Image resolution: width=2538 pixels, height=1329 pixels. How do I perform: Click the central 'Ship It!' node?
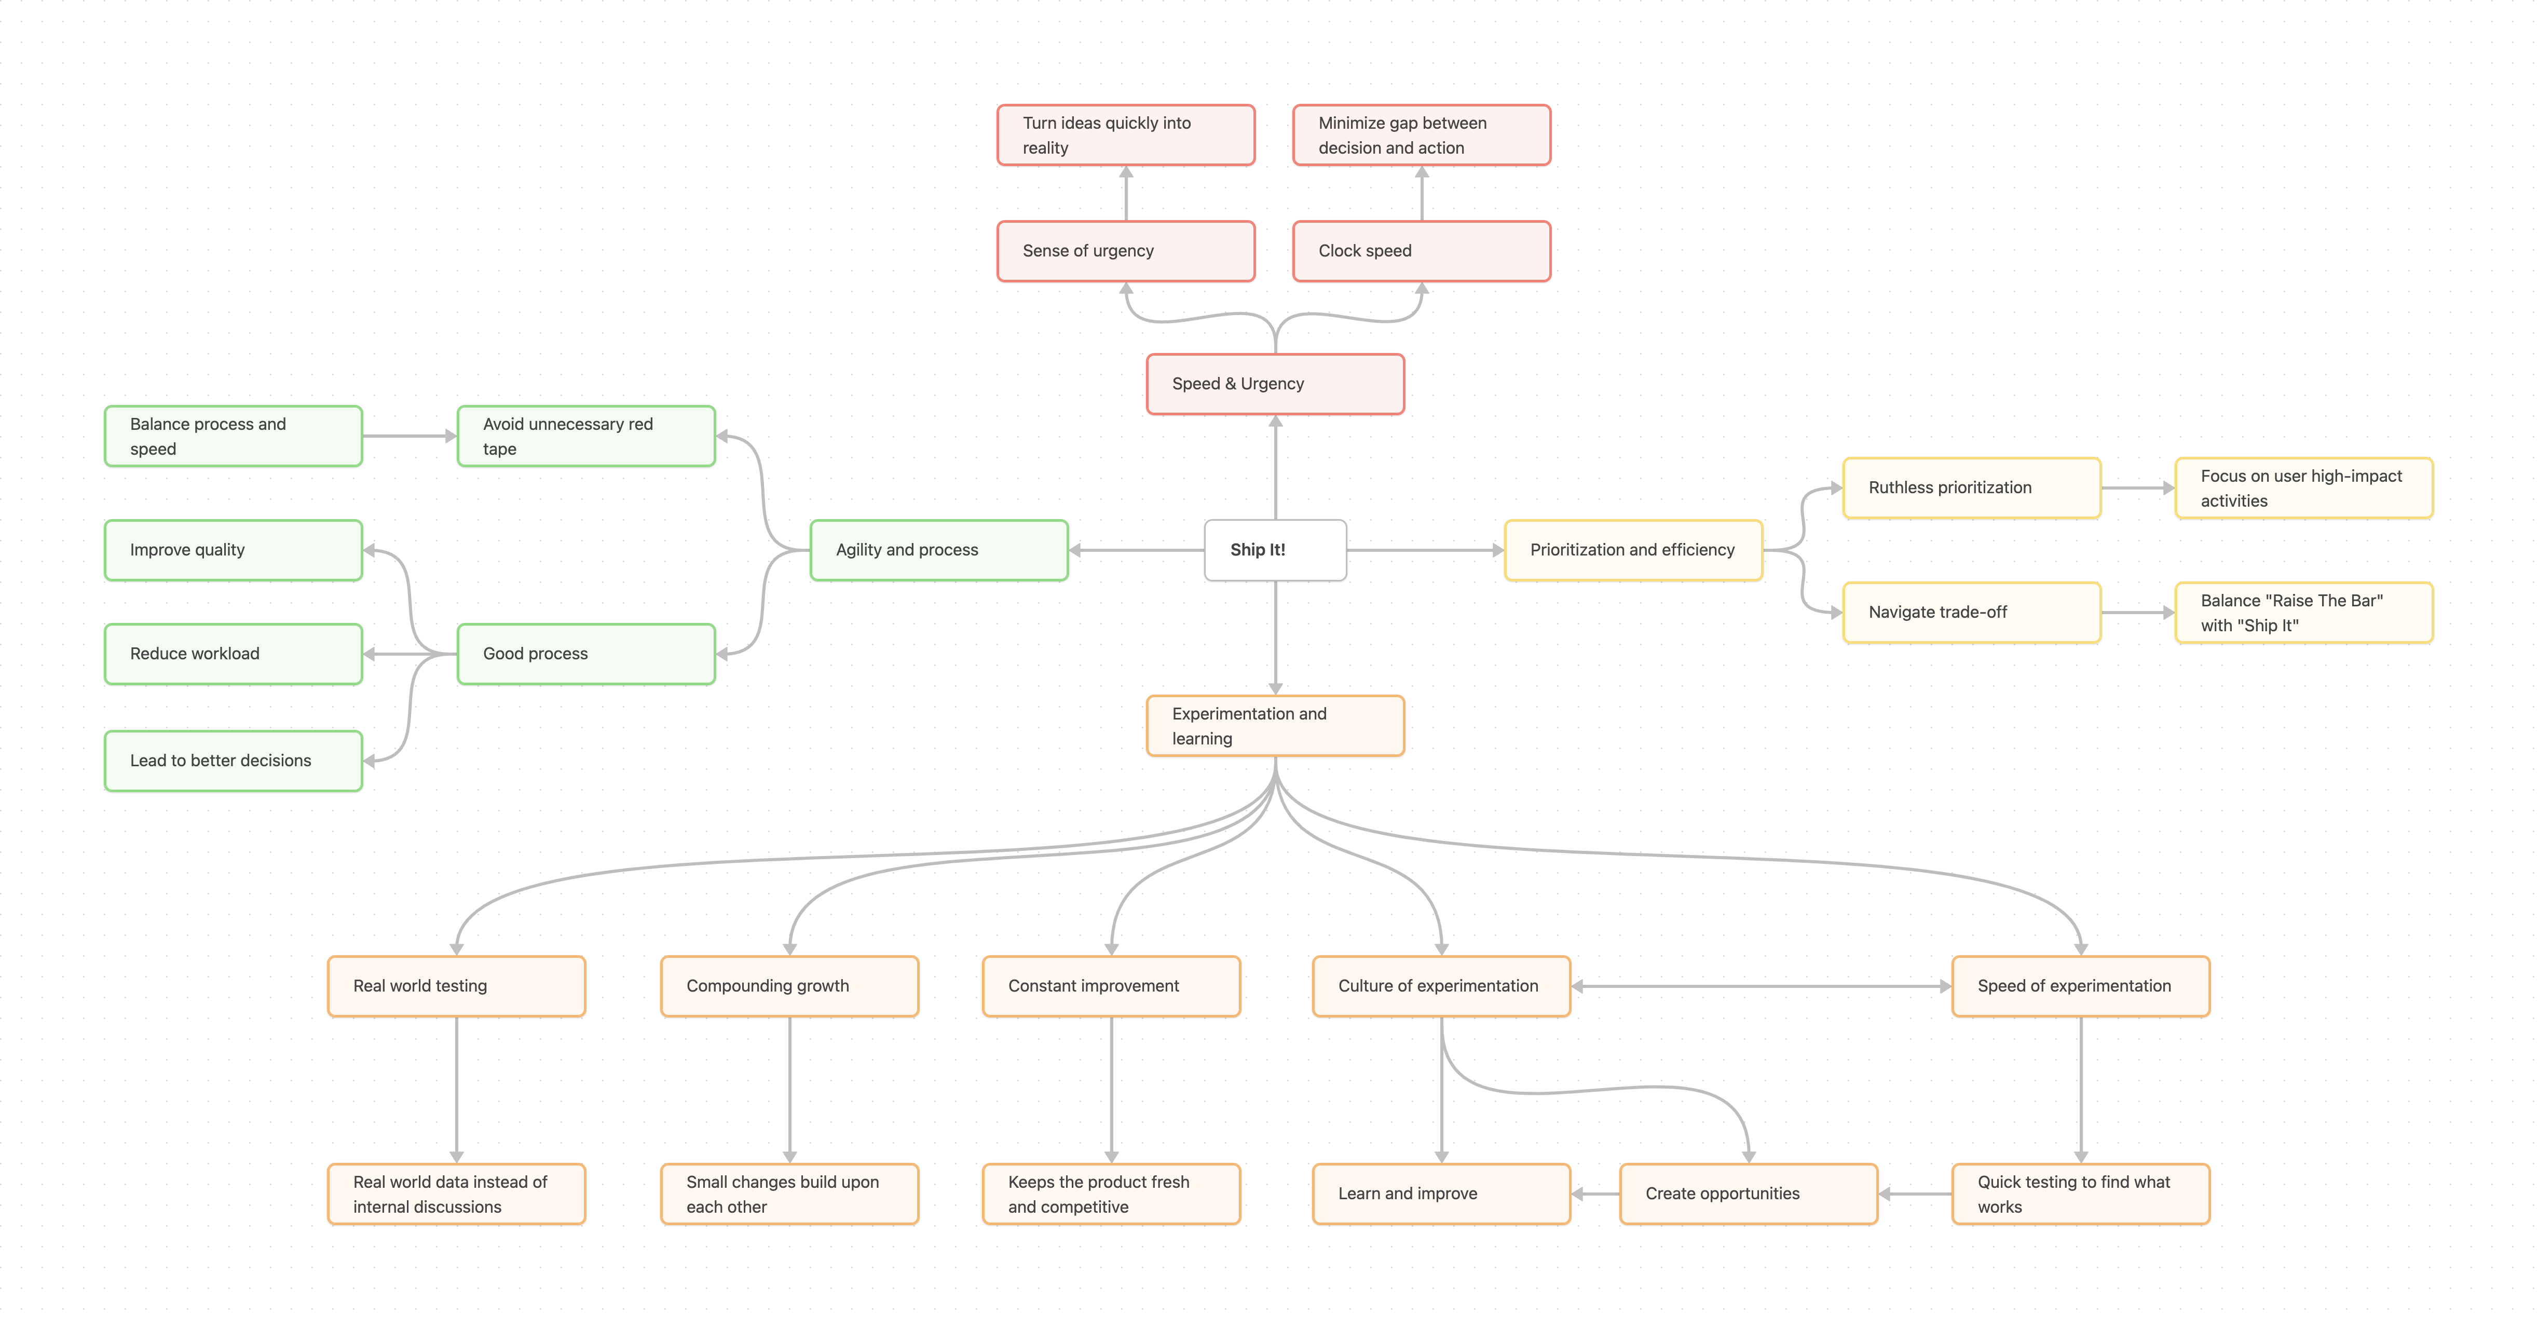pyautogui.click(x=1275, y=550)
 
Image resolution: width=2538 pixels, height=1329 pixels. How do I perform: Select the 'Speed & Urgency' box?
pyautogui.click(x=1275, y=384)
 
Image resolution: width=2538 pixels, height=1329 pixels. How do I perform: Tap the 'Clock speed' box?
pyautogui.click(x=1421, y=251)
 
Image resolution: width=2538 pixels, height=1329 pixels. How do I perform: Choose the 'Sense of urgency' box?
pyautogui.click(x=1125, y=251)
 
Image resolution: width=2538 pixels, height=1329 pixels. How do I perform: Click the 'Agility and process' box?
pyautogui.click(x=938, y=550)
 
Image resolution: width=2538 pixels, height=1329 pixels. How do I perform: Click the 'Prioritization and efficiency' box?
pyautogui.click(x=1632, y=550)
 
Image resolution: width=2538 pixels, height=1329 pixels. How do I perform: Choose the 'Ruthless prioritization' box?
pyautogui.click(x=1971, y=487)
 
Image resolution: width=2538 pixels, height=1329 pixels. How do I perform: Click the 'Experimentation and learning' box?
pyautogui.click(x=1275, y=726)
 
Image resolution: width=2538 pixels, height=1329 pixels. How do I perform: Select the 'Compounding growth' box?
pyautogui.click(x=789, y=986)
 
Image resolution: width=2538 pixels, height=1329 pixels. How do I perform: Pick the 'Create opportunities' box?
pyautogui.click(x=1748, y=1194)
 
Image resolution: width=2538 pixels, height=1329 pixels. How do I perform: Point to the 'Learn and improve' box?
pyautogui.click(x=1440, y=1194)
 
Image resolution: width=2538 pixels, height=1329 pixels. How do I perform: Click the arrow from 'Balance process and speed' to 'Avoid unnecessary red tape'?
pyautogui.click(x=409, y=437)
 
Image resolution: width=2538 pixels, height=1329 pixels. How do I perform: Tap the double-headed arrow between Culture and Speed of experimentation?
pyautogui.click(x=1761, y=986)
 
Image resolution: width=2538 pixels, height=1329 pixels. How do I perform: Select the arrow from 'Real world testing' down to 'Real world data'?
pyautogui.click(x=456, y=1089)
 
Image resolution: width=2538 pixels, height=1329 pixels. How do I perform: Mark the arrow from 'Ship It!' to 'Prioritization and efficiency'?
pyautogui.click(x=1424, y=550)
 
